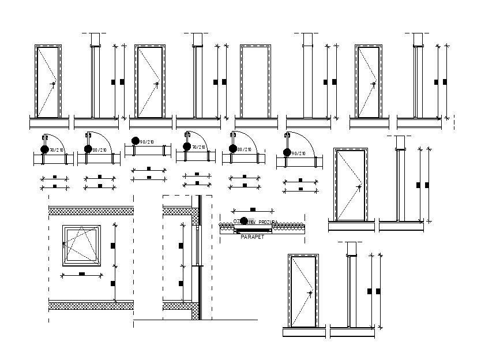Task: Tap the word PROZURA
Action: click(x=267, y=222)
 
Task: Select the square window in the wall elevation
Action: click(x=82, y=245)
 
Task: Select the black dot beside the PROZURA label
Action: click(x=244, y=221)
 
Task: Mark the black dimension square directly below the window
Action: click(x=82, y=273)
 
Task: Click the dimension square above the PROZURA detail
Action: click(x=253, y=209)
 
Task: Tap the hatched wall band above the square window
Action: click(x=91, y=211)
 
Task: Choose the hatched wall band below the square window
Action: click(x=91, y=305)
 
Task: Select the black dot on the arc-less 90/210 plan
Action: click(x=136, y=141)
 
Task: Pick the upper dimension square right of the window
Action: click(x=113, y=244)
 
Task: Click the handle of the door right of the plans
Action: click(x=360, y=186)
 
